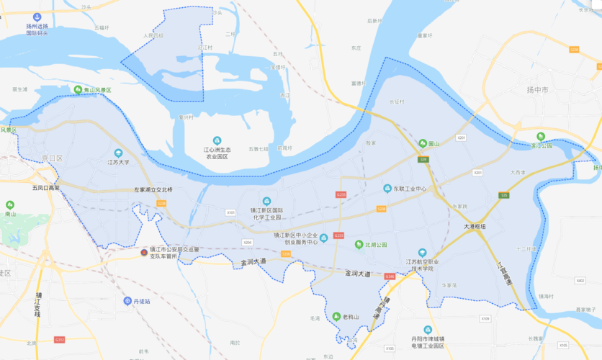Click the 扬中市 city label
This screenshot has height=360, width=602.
537,90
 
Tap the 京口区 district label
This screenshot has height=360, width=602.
53,158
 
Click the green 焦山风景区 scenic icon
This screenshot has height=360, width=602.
78,89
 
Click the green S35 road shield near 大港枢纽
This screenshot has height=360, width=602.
504,195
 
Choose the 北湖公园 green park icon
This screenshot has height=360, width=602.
359,245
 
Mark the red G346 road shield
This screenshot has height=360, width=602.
390,276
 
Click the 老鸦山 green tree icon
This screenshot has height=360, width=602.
336,316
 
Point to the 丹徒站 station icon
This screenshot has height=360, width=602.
127,301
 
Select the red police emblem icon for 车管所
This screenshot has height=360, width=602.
144,253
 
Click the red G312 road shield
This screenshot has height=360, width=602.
60,339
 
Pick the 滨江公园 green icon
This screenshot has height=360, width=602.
540,137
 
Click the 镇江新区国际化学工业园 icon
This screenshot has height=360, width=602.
266,201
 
